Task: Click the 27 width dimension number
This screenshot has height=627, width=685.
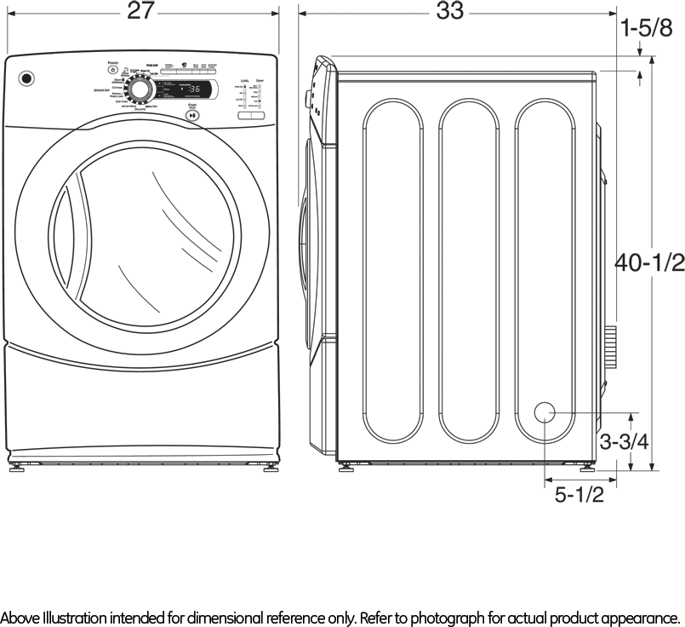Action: point(141,11)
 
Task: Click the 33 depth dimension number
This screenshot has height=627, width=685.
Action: point(450,11)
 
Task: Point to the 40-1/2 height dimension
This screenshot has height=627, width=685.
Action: point(650,263)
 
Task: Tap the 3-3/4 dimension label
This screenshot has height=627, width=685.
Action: point(624,442)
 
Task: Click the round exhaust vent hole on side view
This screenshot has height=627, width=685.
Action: point(545,412)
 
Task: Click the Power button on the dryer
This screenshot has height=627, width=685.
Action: point(112,69)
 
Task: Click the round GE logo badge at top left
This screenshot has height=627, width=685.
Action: point(27,79)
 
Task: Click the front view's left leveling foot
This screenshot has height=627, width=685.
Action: point(16,467)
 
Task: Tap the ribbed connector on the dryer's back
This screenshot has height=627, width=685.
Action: point(609,346)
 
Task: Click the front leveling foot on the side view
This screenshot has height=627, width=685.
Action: point(345,467)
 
